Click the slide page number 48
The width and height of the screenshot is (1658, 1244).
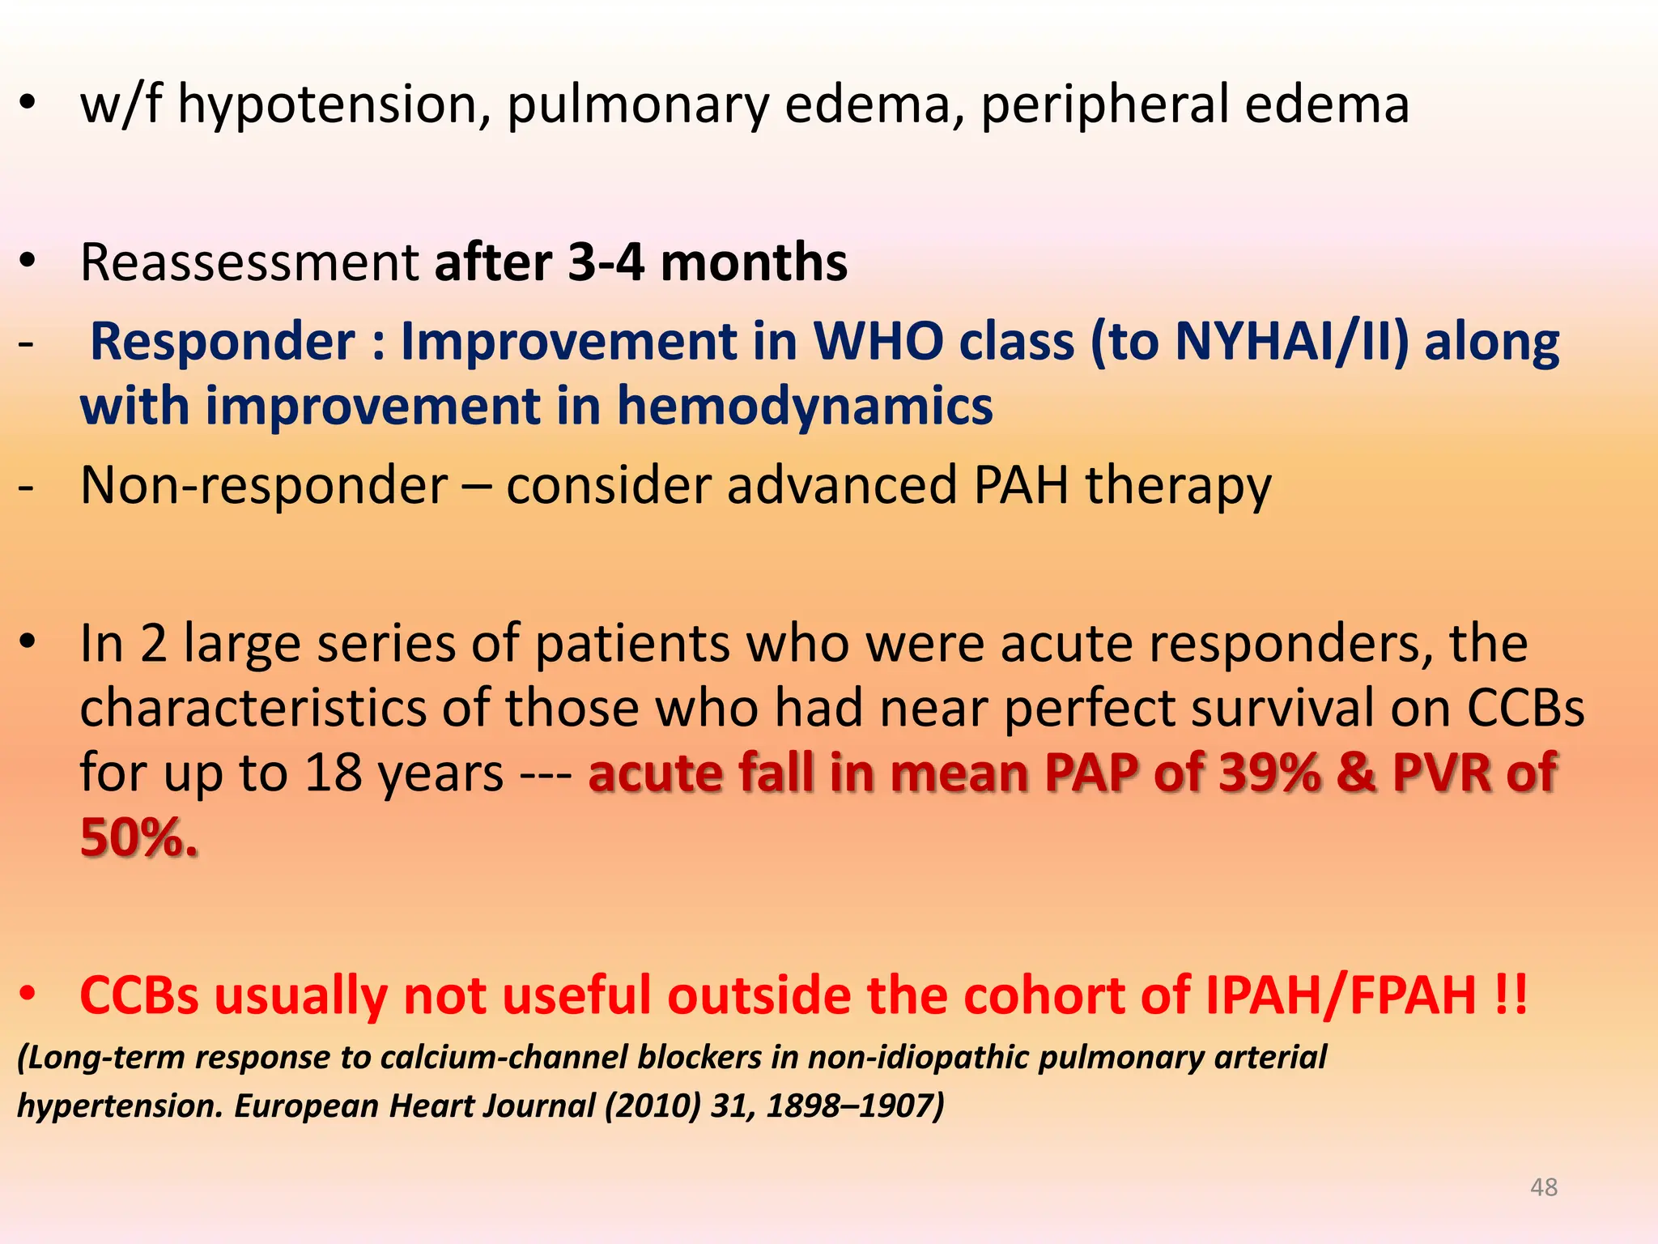[x=1543, y=1187]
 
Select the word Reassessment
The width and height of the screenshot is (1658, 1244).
[x=249, y=263]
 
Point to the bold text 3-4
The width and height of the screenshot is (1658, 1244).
[x=606, y=263]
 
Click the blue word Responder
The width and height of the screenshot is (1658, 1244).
[x=223, y=341]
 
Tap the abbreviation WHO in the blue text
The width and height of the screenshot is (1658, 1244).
[x=878, y=341]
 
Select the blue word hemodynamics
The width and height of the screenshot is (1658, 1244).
[x=805, y=406]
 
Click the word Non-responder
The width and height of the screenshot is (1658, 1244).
[x=264, y=485]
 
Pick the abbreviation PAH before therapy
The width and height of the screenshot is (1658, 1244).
[x=1021, y=485]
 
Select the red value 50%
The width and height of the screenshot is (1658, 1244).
[x=138, y=837]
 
